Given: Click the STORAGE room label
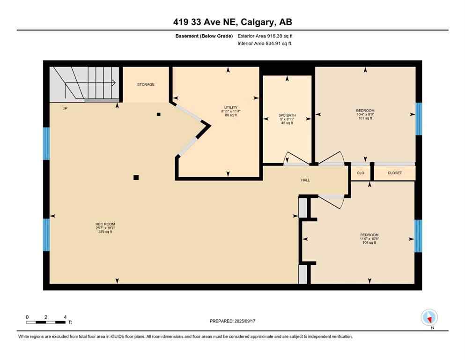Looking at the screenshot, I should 146,85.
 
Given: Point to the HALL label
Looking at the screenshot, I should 305,180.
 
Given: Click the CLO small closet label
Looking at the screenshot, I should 360,173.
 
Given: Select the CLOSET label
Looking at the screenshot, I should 394,173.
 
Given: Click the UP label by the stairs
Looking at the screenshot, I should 65,108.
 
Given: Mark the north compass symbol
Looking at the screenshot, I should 429,318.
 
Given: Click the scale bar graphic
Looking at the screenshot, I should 46,322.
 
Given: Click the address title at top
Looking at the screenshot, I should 232,22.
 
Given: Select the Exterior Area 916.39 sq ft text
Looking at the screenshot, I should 267,36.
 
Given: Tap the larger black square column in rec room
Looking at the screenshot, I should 136,177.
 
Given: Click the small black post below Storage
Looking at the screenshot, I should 159,114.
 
